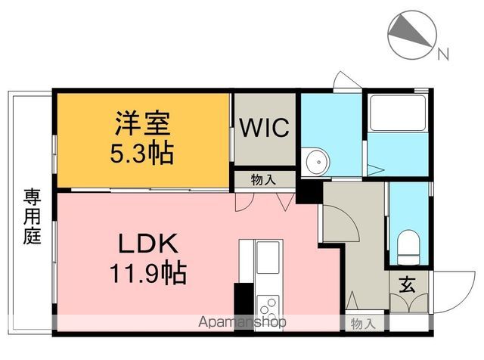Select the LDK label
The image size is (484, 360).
coord(147,244)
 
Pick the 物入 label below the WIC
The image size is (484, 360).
coord(262,179)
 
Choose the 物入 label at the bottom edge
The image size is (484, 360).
coord(361,323)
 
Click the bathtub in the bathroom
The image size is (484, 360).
coord(398,113)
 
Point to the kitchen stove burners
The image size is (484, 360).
coord(268,308)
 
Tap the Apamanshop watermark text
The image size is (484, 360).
coord(242,322)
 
